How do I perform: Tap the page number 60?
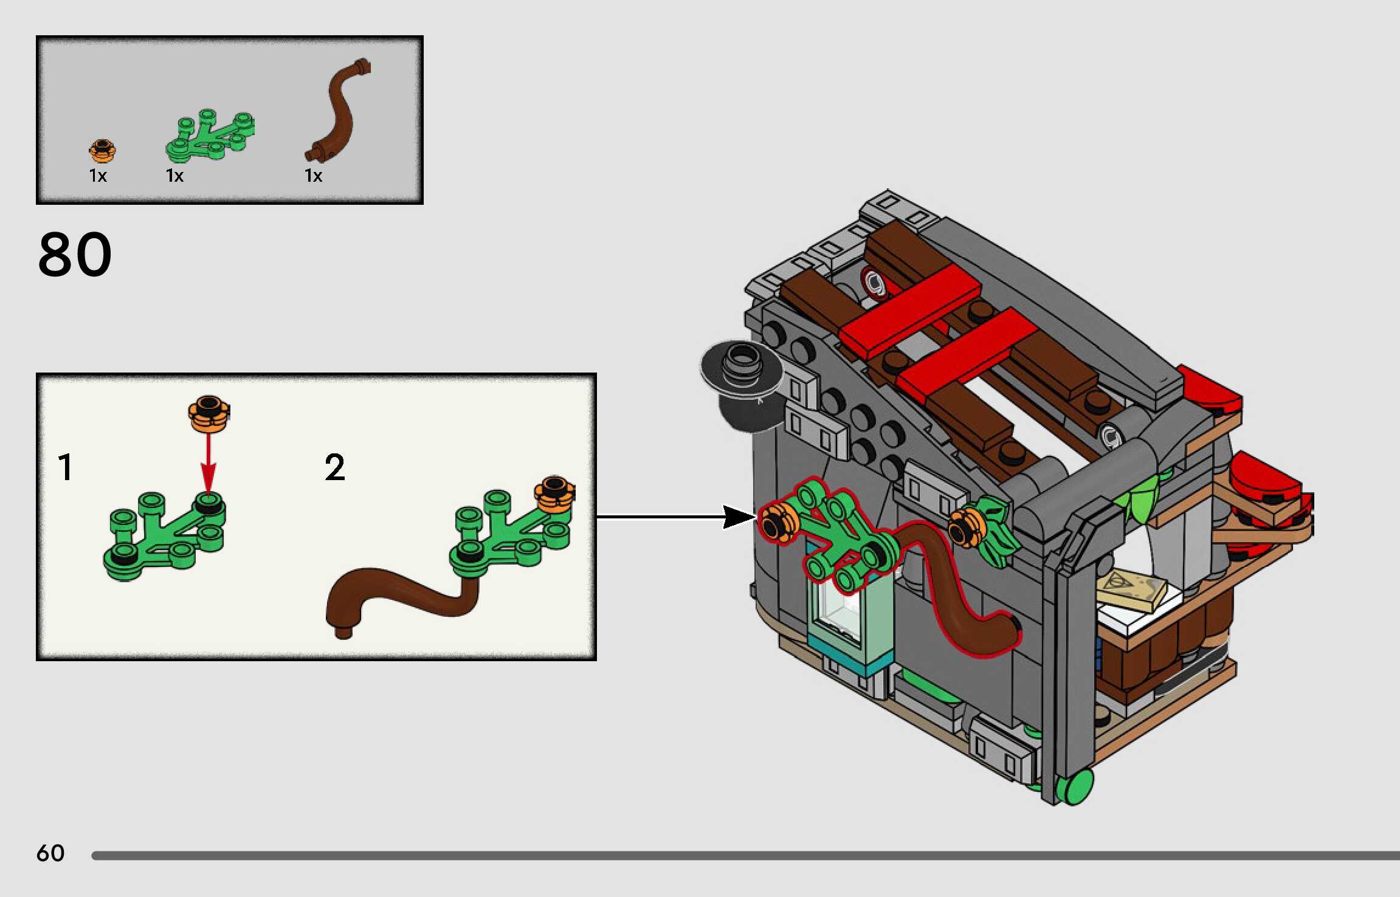coord(50,853)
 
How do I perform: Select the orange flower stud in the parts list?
coord(102,150)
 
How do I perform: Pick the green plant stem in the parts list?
coord(210,136)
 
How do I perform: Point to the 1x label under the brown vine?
coord(313,176)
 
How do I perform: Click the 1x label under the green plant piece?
coord(174,176)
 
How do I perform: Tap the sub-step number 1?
coord(66,467)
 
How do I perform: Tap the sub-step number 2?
coord(334,467)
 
